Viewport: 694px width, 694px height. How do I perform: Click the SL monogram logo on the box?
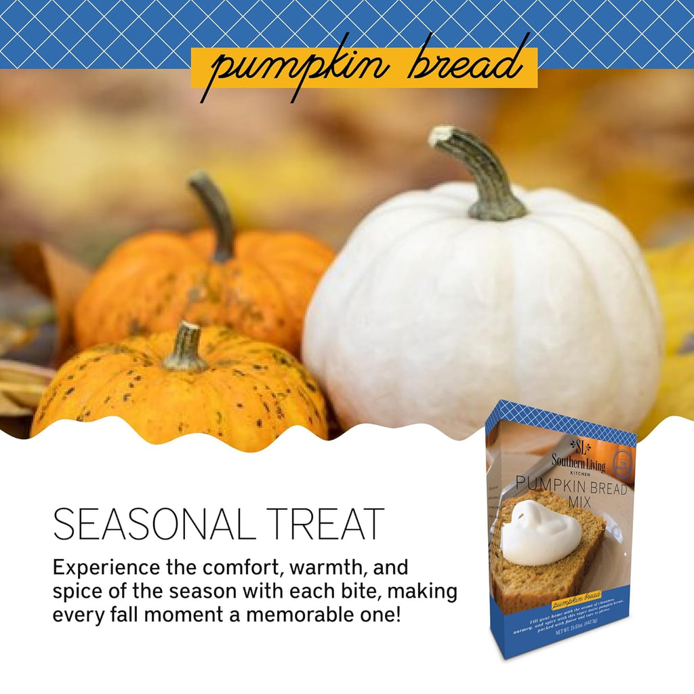(x=579, y=447)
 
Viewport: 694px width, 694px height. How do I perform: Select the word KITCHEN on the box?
(x=575, y=474)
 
